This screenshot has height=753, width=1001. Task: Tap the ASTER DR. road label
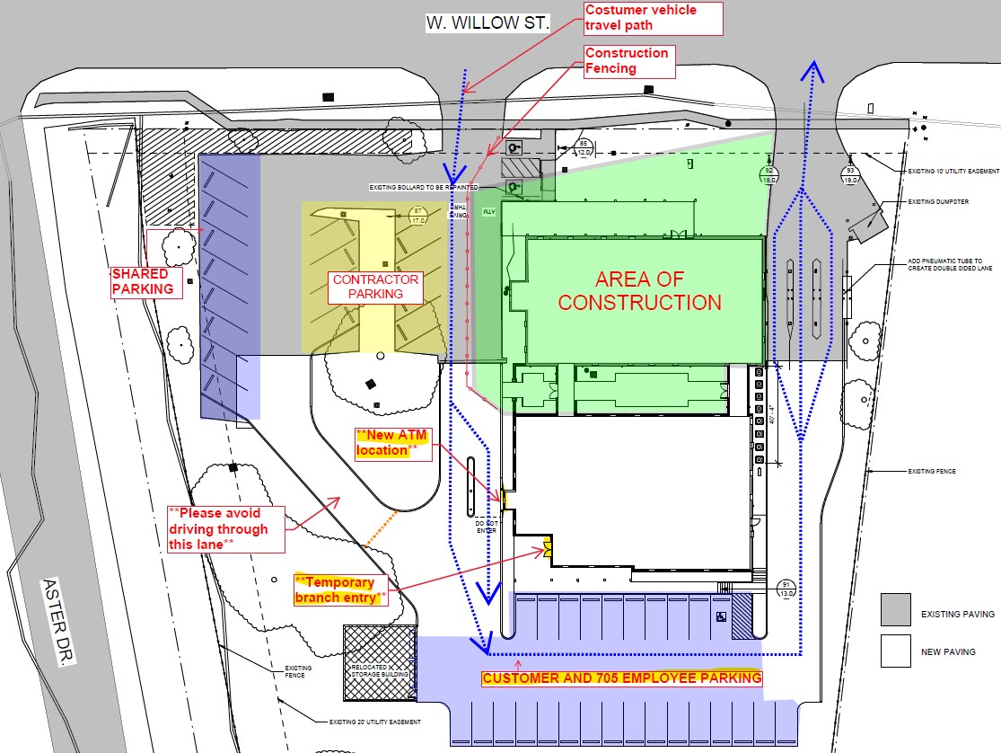57,620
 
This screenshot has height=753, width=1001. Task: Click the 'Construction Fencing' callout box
627,60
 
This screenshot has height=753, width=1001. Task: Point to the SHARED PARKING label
142,280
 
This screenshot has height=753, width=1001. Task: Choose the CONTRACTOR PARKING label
376,286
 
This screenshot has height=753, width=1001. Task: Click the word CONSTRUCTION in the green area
639,302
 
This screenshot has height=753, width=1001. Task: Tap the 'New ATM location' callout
392,443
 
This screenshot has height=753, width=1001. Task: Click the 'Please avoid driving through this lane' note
226,528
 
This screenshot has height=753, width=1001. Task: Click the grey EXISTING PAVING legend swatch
895,608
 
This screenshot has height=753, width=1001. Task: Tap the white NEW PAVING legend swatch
895,651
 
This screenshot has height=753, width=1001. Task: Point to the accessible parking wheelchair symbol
720,617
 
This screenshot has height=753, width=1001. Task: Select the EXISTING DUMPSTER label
938,202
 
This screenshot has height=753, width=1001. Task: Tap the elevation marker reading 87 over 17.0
416,216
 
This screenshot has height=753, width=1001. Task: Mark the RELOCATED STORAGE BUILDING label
378,669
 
